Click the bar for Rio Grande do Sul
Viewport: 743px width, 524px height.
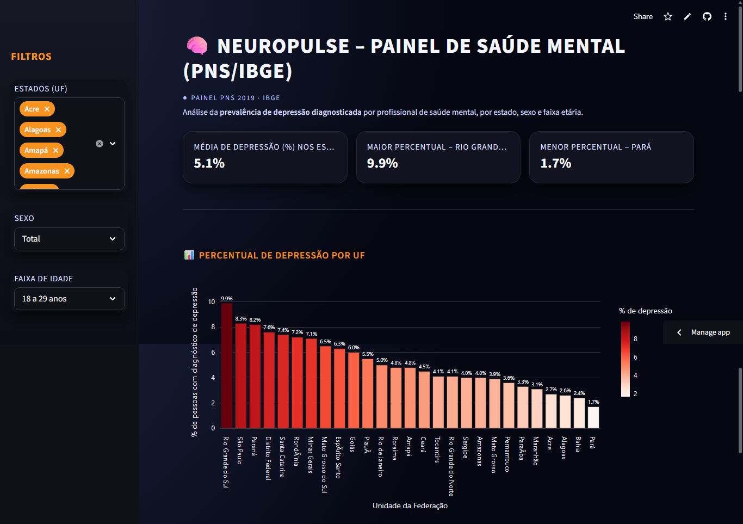(x=227, y=365)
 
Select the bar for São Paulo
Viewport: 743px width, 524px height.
(x=241, y=375)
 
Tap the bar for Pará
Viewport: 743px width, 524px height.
(x=593, y=417)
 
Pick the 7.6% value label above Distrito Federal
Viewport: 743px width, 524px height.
(x=269, y=328)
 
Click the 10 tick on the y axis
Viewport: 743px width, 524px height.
(x=212, y=302)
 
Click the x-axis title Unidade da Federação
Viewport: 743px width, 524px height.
(x=410, y=505)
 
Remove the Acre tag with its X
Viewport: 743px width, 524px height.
(x=47, y=109)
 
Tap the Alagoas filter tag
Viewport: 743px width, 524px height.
(x=38, y=130)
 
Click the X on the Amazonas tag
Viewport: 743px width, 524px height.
(x=67, y=171)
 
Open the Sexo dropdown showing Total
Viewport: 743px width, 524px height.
(x=69, y=239)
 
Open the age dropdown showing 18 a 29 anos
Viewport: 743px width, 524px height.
(x=69, y=299)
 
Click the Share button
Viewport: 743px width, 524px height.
(x=643, y=16)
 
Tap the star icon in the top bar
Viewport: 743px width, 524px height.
(x=668, y=16)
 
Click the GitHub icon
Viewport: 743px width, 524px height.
(x=707, y=16)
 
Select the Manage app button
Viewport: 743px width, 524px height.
(x=704, y=332)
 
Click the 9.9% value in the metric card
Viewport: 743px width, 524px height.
(x=382, y=163)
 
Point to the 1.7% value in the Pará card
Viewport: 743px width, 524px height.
(x=555, y=163)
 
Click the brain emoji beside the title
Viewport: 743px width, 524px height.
(x=197, y=46)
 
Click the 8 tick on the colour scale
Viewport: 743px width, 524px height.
(x=635, y=338)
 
